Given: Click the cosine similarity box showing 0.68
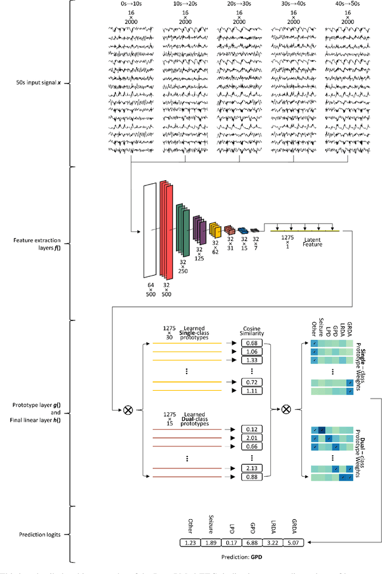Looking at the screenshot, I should click(x=251, y=342).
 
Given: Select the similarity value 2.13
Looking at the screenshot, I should click(x=251, y=468).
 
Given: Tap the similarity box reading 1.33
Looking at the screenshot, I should click(x=251, y=360).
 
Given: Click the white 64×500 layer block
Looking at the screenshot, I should click(x=150, y=230).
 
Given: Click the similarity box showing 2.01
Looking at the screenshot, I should click(x=251, y=437).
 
